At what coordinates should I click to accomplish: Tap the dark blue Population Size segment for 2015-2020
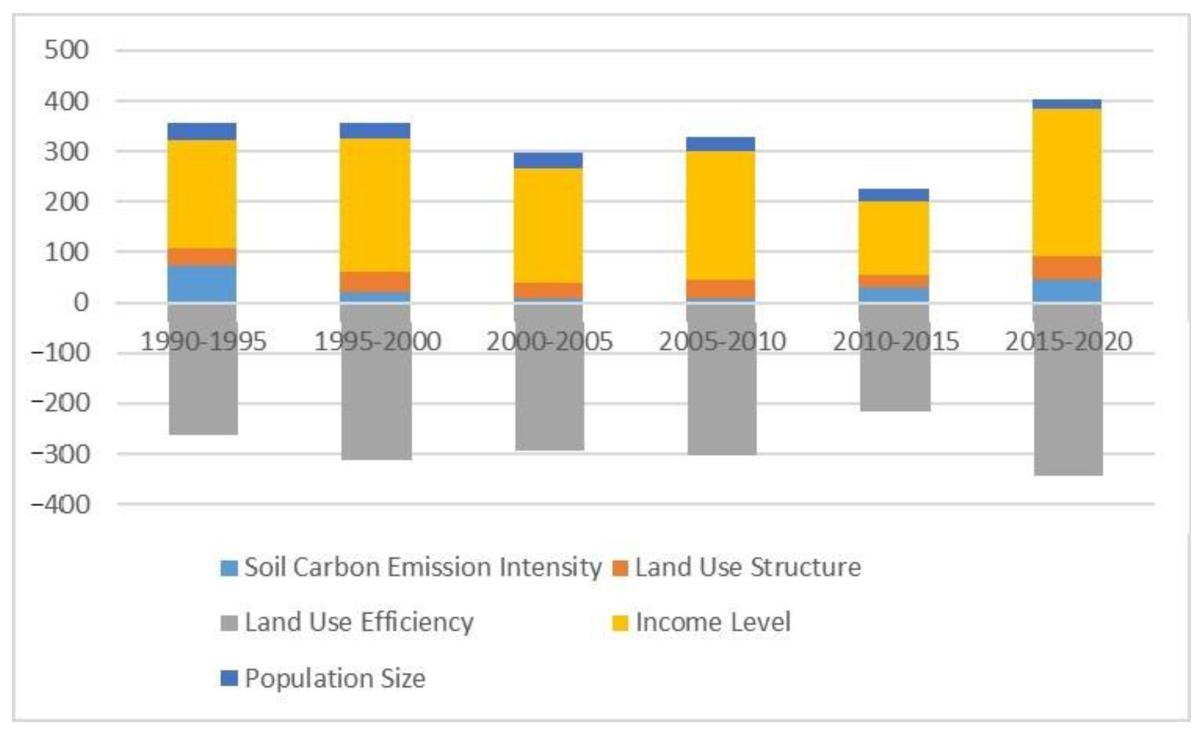(x=1067, y=104)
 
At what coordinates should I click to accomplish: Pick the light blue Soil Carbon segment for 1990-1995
(x=202, y=284)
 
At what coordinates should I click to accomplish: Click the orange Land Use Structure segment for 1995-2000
(x=375, y=282)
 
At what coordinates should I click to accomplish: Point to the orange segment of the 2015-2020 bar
(x=1067, y=268)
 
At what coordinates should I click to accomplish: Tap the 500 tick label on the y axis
(x=66, y=50)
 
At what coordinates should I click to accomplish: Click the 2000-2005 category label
(x=549, y=341)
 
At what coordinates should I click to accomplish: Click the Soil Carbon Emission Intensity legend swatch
(x=229, y=568)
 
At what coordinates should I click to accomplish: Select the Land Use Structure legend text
(x=748, y=567)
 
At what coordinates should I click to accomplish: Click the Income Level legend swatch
(x=620, y=623)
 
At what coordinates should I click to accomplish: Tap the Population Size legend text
(x=335, y=678)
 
